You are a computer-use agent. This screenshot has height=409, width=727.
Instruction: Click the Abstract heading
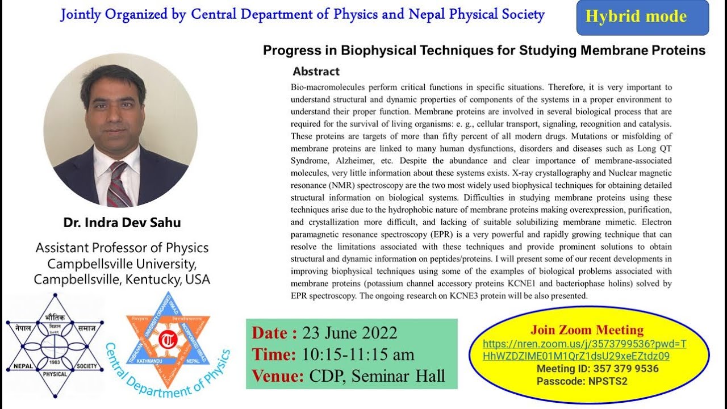[316, 72]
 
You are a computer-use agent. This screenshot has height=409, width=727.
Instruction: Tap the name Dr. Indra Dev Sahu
[122, 223]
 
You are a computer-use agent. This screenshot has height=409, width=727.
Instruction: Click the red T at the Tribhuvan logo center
[168, 341]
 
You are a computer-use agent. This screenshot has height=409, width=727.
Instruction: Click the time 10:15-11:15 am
[358, 354]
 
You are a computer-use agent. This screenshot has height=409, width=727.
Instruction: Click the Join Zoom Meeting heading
[587, 330]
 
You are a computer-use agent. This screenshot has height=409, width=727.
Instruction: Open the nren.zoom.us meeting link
[584, 350]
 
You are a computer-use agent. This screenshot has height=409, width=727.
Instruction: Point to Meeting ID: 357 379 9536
[598, 369]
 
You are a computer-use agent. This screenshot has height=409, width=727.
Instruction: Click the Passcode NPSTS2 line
[582, 381]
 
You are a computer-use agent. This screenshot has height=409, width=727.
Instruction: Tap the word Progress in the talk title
[299, 51]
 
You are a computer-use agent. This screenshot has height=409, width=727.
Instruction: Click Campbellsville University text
[122, 264]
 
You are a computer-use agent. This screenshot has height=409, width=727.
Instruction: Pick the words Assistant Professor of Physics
[122, 248]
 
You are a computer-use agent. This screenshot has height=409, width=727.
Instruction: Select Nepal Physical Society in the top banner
[477, 15]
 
